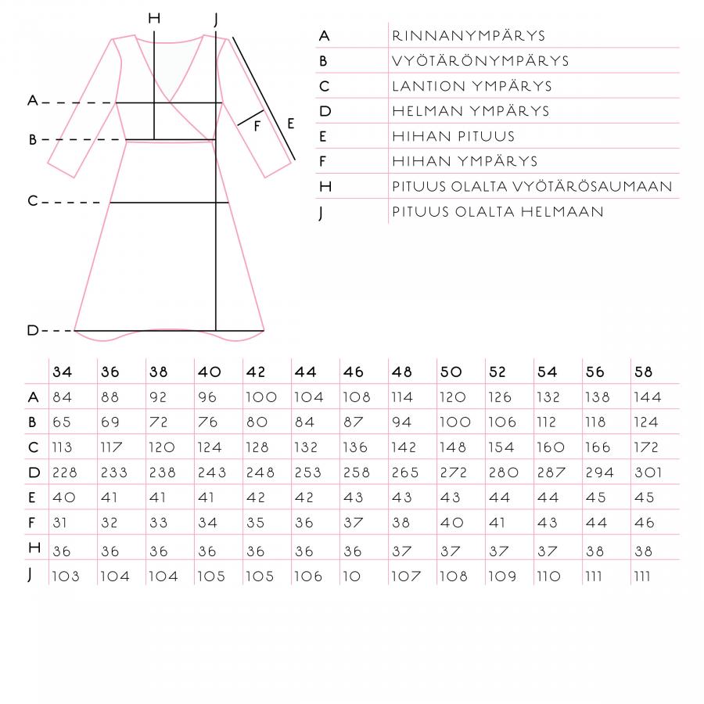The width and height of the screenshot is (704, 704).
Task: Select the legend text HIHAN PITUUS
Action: point(453,136)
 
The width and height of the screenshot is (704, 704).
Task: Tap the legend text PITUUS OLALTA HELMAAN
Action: point(497,211)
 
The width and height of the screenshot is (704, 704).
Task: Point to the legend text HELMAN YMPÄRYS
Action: point(470,111)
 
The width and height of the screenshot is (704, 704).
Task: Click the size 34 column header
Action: point(62,372)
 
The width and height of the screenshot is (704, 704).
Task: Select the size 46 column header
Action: point(353,372)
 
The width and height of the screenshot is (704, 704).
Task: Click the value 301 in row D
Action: point(647,472)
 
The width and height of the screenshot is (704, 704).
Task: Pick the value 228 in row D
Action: point(66,472)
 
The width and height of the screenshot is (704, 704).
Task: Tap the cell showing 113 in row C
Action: point(63,447)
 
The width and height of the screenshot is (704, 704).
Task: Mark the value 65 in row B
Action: point(62,422)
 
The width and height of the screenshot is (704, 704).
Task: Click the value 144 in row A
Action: point(647,397)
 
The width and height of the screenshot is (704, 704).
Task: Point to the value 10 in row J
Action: point(351,576)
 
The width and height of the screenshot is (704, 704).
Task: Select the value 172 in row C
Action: point(646,447)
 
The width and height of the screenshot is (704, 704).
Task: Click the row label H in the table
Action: point(33,548)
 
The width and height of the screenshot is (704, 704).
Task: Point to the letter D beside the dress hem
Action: point(32,330)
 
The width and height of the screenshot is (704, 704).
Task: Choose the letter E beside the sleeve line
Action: point(290,124)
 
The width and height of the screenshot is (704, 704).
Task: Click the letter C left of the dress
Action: point(32,202)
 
